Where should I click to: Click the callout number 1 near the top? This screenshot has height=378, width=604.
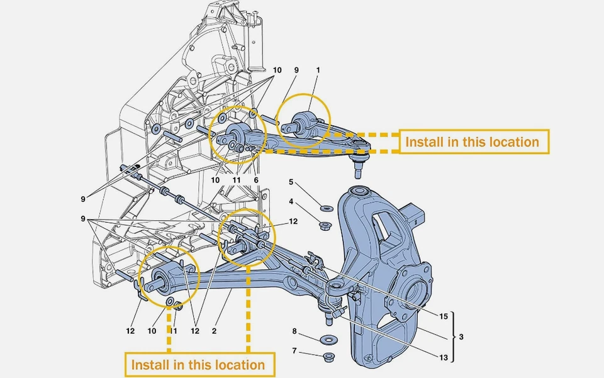point(318,70)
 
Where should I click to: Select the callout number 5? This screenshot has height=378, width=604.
point(291,182)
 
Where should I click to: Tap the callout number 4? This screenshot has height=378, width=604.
point(291,202)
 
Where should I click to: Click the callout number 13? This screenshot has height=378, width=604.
point(444,358)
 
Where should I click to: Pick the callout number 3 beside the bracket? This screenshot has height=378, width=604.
point(461,337)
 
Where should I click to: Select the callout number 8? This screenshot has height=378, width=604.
point(294,330)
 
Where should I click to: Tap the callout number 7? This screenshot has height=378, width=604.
point(294,350)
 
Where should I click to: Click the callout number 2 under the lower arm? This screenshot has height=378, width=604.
point(214,330)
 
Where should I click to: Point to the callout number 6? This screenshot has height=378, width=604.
point(256,180)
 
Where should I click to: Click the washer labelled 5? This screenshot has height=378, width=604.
point(326,208)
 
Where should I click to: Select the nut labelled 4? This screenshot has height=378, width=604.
point(327,225)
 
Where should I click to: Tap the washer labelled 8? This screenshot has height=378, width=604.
point(327,340)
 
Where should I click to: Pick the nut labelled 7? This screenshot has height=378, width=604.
point(327,358)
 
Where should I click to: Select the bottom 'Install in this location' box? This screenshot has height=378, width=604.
point(198,365)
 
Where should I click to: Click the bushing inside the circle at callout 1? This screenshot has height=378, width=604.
point(305,123)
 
